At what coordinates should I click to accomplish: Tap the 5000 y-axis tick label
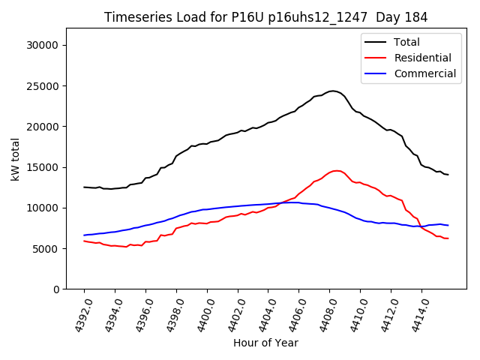47,248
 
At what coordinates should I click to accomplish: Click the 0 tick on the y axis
57,289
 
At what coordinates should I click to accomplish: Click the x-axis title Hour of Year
265,343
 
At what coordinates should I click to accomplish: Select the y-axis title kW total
16,159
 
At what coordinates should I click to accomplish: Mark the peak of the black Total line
332,91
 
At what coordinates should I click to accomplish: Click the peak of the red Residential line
336,171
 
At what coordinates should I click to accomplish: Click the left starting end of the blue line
84,235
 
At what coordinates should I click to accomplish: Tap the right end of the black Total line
448,175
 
